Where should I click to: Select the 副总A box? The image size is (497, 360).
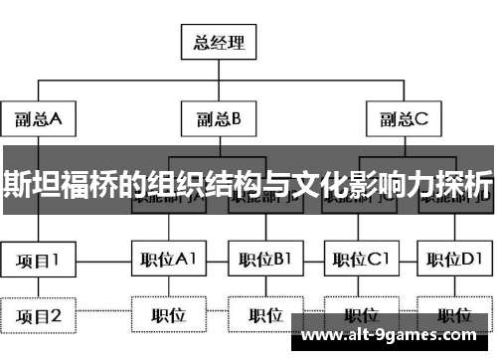(x=39, y=120)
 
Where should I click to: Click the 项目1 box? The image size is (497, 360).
(x=39, y=261)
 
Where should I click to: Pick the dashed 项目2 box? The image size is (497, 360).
(x=39, y=316)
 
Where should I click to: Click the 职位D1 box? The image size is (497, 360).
(x=452, y=261)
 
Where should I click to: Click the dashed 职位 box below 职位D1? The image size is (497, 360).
(x=452, y=316)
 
